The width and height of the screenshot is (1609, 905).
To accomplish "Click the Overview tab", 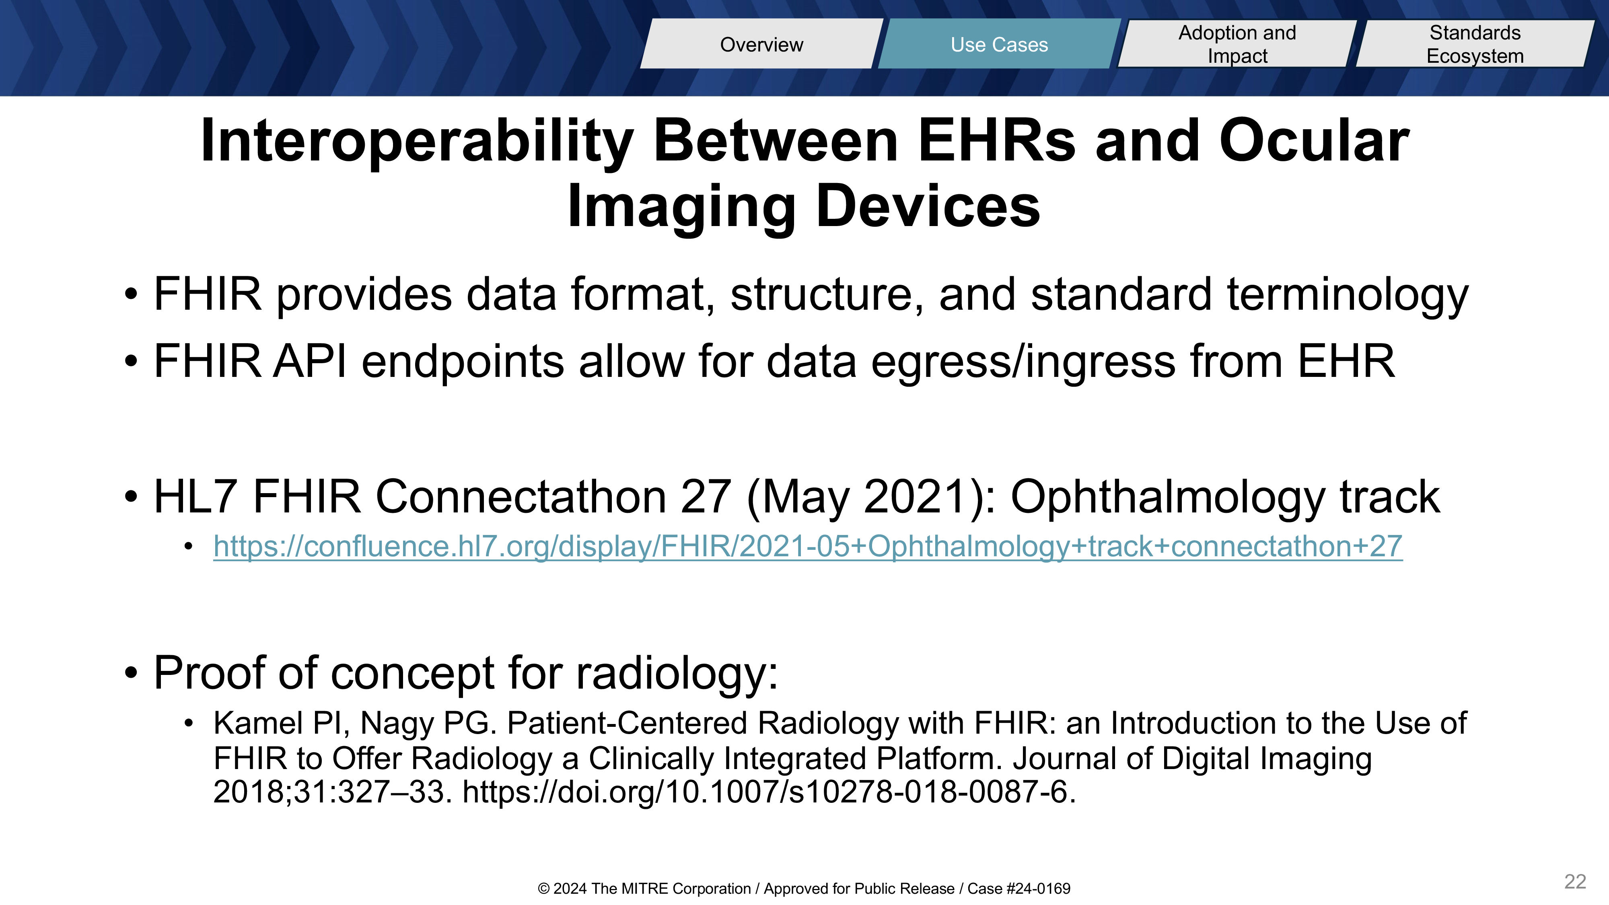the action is tap(761, 44).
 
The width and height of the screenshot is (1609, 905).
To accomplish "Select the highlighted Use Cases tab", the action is tap(999, 44).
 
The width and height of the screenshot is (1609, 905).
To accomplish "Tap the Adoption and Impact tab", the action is tap(1237, 44).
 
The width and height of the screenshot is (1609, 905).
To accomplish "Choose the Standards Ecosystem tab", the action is tap(1475, 44).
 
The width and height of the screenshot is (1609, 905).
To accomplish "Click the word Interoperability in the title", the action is tap(417, 142).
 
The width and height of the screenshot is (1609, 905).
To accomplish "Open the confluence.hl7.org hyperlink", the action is tap(808, 547).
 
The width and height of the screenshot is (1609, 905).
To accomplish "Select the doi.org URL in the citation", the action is tap(769, 792).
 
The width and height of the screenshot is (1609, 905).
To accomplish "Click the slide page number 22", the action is tap(1575, 881).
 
